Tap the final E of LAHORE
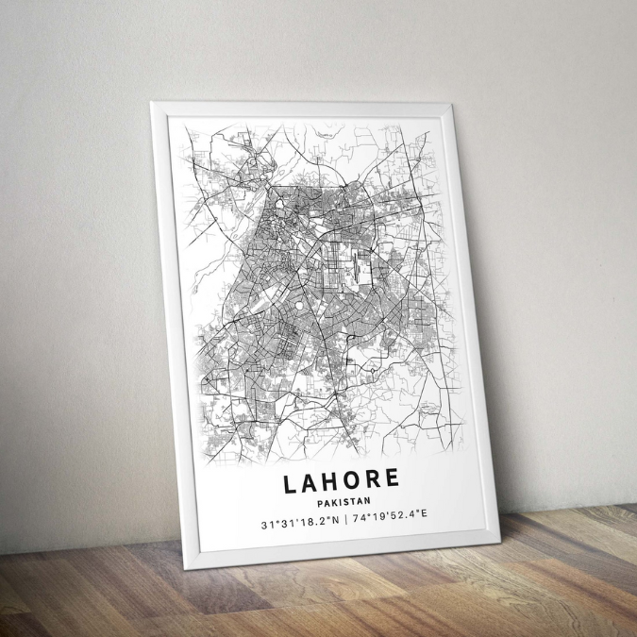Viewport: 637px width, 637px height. (393, 478)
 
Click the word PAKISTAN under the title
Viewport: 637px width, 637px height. (344, 501)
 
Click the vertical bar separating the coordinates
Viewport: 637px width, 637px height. (346, 518)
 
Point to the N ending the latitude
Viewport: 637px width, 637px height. (336, 519)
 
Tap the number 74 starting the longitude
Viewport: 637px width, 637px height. (360, 517)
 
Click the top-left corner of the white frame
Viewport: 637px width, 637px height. (153, 103)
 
